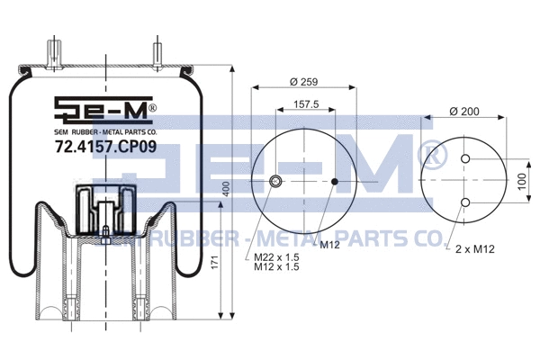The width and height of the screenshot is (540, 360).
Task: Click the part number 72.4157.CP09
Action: point(104,143)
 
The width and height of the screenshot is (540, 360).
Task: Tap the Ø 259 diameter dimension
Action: point(304,83)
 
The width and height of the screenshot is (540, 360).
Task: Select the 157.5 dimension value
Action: point(307,104)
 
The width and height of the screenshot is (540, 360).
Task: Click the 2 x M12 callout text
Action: point(474,247)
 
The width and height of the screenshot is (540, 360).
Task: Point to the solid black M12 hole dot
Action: point(335,183)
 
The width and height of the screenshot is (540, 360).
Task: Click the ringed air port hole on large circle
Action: point(275,183)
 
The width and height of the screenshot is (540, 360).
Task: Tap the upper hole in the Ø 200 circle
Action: point(465,159)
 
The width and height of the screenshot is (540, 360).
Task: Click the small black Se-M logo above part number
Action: point(104,111)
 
